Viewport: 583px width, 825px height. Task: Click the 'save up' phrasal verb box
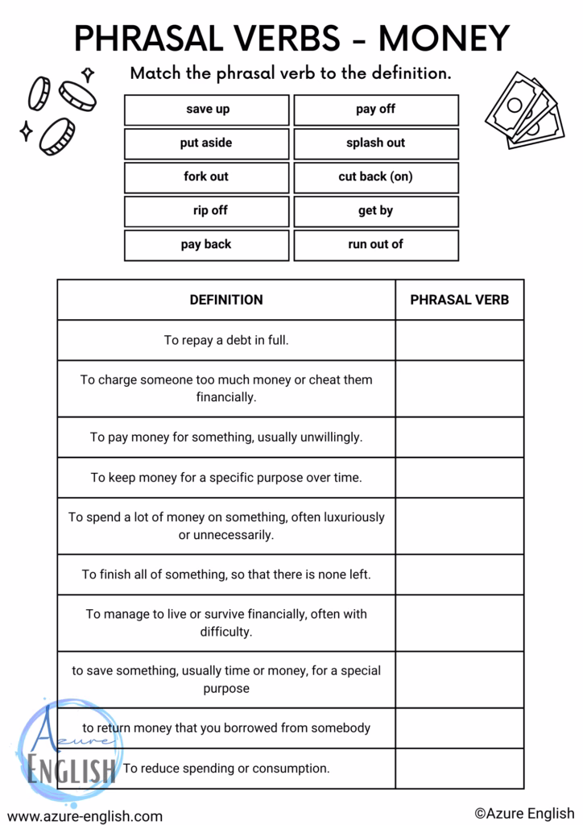tap(207, 110)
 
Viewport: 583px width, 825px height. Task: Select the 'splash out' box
tap(375, 143)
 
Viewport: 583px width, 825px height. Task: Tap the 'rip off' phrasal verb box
tap(207, 211)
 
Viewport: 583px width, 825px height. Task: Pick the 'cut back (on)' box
tap(375, 177)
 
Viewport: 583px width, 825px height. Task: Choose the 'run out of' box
tap(375, 245)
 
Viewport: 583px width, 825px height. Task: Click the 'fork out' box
tap(207, 177)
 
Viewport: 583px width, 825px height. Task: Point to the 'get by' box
tap(375, 211)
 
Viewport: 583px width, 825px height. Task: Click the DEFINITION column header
tap(226, 300)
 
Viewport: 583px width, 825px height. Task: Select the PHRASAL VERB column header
tap(459, 300)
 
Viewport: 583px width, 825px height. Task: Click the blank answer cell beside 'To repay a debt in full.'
tap(459, 340)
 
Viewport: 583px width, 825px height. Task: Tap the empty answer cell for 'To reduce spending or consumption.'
tap(459, 769)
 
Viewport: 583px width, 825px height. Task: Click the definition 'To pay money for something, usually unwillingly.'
tap(226, 437)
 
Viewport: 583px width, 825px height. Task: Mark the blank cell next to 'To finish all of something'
tap(459, 574)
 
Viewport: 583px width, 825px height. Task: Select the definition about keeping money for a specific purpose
tap(226, 478)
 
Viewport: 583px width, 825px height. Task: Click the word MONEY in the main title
tap(444, 38)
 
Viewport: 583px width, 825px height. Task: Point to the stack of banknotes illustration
tap(524, 110)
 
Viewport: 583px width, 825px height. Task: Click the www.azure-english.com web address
tap(85, 816)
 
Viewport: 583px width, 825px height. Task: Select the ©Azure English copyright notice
tap(524, 814)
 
